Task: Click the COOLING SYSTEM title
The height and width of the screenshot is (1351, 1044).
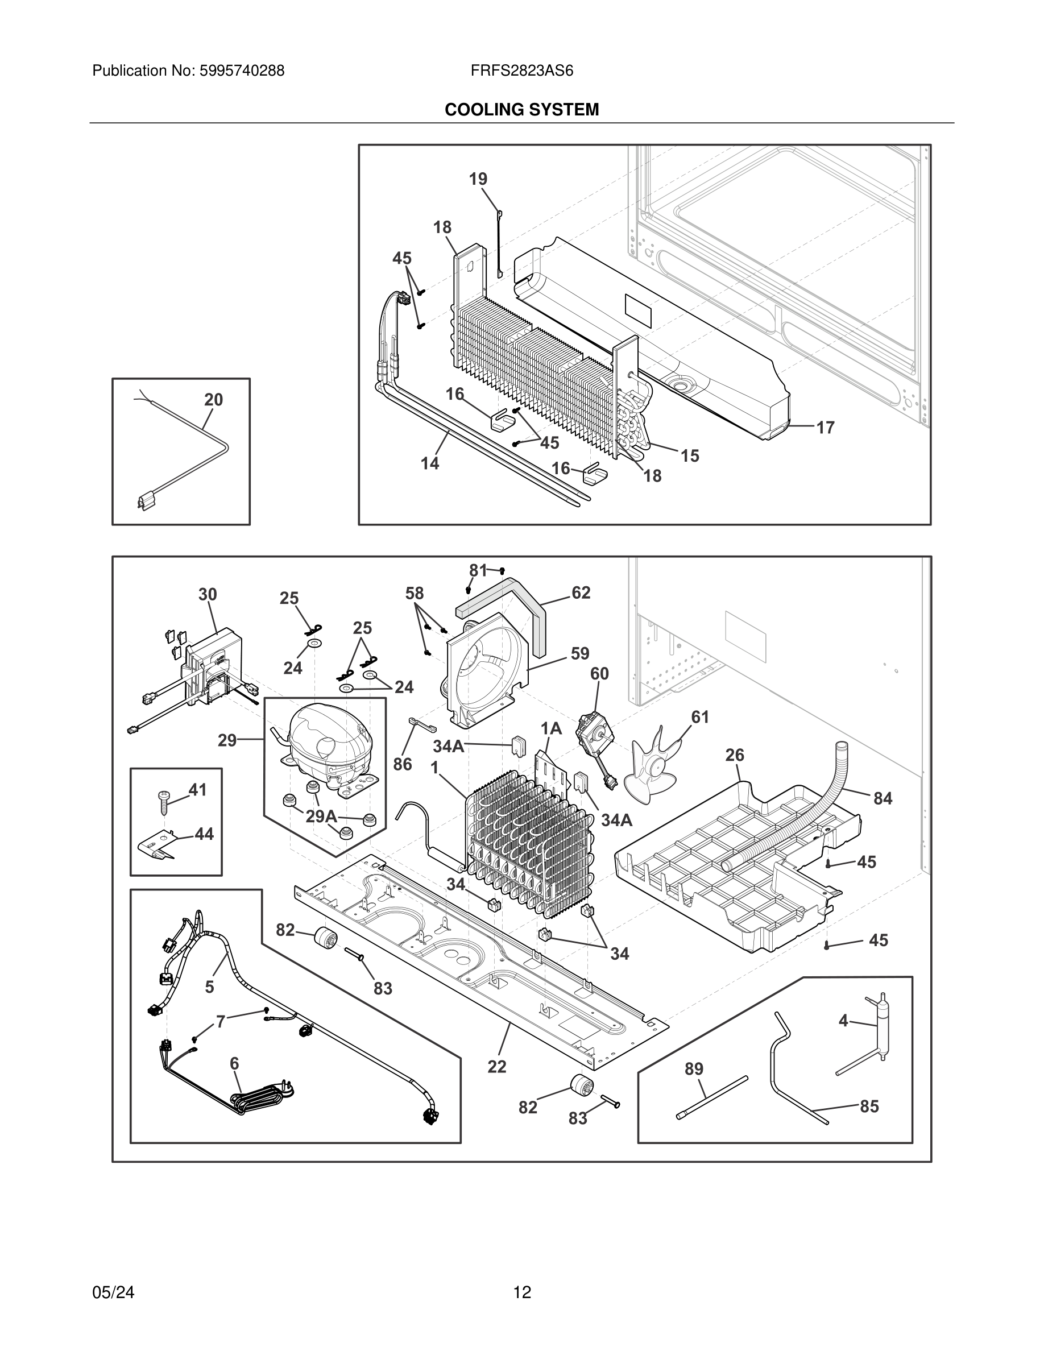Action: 521,110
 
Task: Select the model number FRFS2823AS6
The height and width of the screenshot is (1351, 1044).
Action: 521,71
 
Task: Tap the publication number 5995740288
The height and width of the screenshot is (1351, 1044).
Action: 241,71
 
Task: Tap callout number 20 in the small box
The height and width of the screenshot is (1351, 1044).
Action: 213,400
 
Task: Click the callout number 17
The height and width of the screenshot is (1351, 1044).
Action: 825,428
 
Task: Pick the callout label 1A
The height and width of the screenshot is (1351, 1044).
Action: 551,729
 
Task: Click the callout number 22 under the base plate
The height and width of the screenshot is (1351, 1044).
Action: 496,1067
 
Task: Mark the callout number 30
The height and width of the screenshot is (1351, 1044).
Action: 208,594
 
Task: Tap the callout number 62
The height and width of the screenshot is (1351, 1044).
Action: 581,592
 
